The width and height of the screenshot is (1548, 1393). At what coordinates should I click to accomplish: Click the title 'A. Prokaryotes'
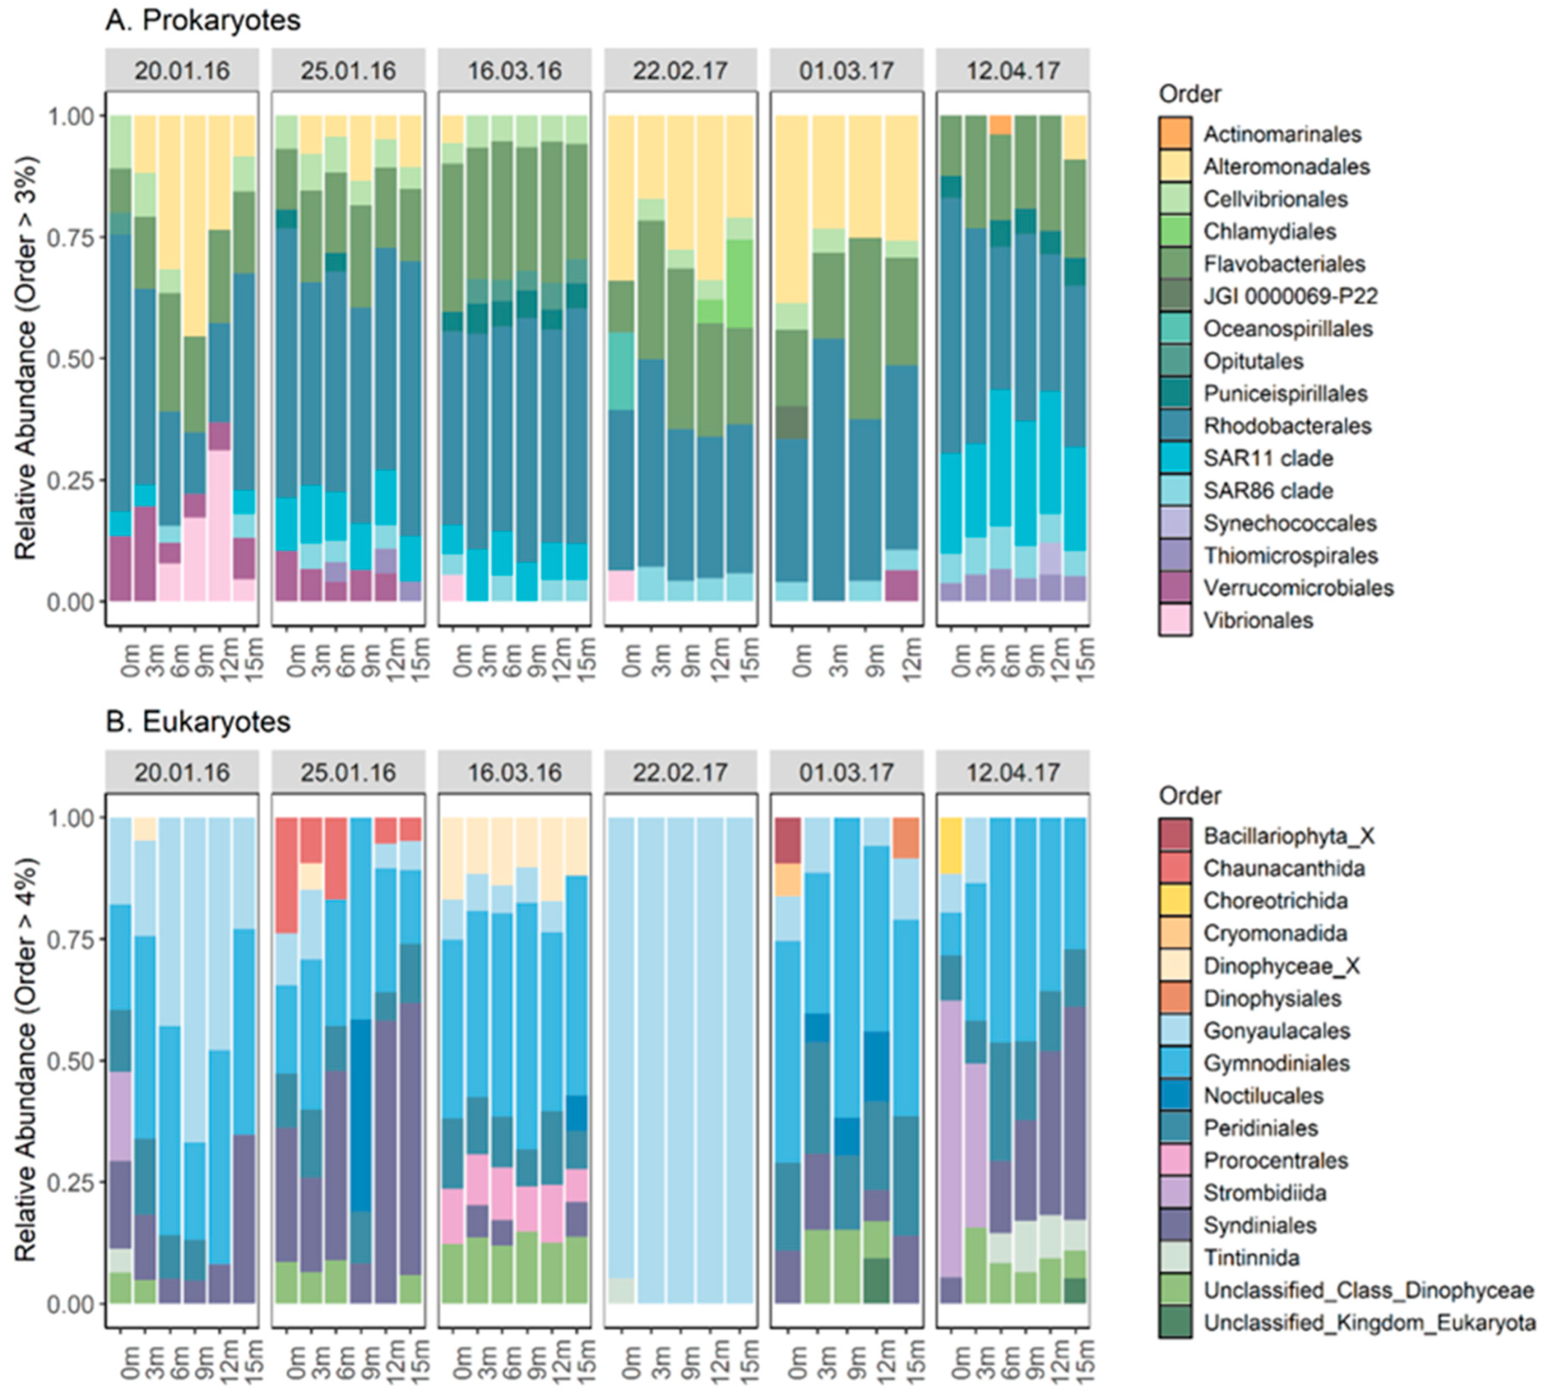point(203,21)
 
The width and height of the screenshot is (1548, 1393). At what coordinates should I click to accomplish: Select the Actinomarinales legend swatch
point(1175,134)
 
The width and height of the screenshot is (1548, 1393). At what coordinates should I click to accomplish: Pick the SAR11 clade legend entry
point(1267,458)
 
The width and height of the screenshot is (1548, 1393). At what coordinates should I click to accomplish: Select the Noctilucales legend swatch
point(1175,1095)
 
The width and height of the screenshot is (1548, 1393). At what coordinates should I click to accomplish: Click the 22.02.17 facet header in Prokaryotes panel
point(680,71)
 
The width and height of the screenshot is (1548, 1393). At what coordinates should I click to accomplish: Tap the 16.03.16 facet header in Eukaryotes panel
point(515,772)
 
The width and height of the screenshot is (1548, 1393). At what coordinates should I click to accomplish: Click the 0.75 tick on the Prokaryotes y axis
point(74,237)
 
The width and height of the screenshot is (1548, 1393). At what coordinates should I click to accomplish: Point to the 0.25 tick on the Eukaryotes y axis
point(74,1182)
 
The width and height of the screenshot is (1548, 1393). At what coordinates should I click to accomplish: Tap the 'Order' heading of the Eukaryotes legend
point(1189,796)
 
